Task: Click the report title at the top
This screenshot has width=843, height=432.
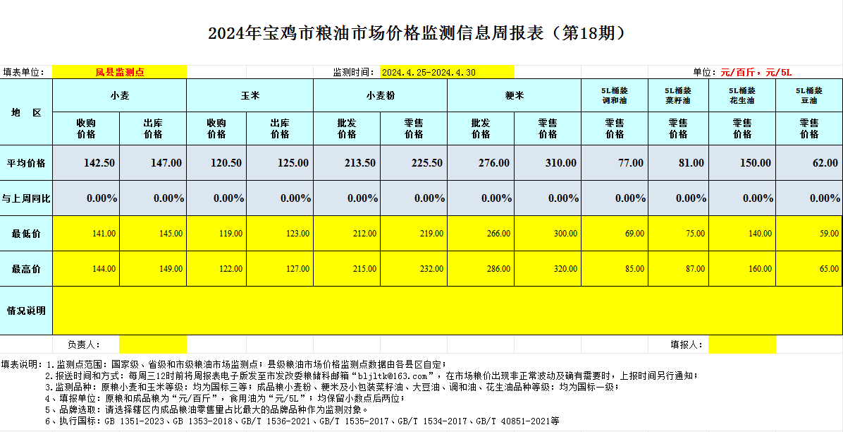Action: pyautogui.click(x=417, y=33)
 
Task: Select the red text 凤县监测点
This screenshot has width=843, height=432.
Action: pyautogui.click(x=120, y=72)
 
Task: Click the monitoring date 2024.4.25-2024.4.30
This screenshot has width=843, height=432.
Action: pyautogui.click(x=429, y=72)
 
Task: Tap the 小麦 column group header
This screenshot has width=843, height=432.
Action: pyautogui.click(x=120, y=95)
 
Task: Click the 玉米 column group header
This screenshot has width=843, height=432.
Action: pyautogui.click(x=250, y=95)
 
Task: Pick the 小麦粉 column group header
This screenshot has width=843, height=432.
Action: pyautogui.click(x=380, y=95)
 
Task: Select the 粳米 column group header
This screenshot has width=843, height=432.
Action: pyautogui.click(x=514, y=95)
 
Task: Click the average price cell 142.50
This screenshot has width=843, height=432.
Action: pyautogui.click(x=99, y=163)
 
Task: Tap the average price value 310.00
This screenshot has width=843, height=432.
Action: pyautogui.click(x=560, y=163)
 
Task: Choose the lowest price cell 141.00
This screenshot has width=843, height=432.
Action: pyautogui.click(x=104, y=234)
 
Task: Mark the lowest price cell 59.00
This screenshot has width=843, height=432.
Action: pyautogui.click(x=825, y=234)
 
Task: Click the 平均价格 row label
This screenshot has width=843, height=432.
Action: pyautogui.click(x=26, y=163)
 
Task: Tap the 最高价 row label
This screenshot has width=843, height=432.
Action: pyautogui.click(x=26, y=269)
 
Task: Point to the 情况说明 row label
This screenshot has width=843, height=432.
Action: pyautogui.click(x=26, y=311)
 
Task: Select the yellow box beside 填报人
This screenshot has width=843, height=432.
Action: pyautogui.click(x=742, y=344)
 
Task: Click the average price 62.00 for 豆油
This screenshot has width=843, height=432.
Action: pyautogui.click(x=825, y=163)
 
